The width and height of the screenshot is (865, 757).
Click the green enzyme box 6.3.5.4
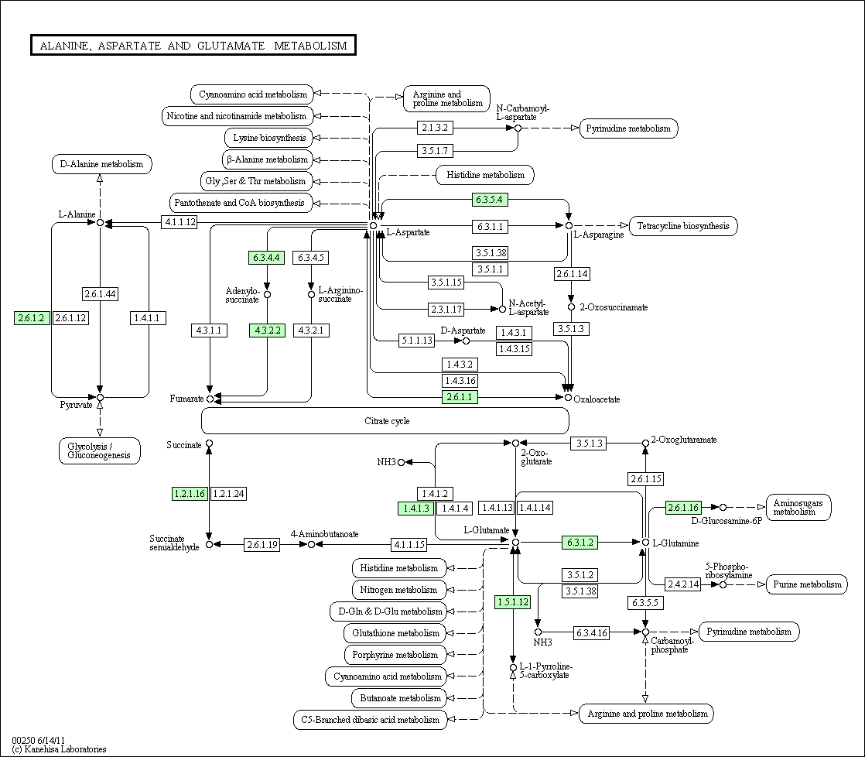(x=490, y=200)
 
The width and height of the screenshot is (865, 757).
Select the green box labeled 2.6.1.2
(x=32, y=318)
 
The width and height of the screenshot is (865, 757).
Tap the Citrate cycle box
(x=385, y=421)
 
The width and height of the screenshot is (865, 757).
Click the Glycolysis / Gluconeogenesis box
(x=100, y=450)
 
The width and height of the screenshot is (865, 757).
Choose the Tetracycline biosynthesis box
(x=683, y=226)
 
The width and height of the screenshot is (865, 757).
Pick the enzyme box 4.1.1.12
(x=179, y=222)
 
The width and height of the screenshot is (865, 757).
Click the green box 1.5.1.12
(x=513, y=602)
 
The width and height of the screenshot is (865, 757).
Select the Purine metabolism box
(x=807, y=584)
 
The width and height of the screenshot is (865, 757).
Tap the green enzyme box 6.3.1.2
(x=580, y=543)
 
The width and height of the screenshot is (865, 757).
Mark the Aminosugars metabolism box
(x=798, y=507)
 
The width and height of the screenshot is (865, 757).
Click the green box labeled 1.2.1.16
(x=190, y=493)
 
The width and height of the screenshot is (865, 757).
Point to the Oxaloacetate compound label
(x=597, y=399)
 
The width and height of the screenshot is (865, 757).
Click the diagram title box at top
(x=193, y=46)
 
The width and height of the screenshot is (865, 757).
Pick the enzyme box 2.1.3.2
(x=435, y=127)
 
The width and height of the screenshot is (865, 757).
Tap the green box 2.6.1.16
(x=683, y=508)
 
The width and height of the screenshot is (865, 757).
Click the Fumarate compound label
(x=187, y=399)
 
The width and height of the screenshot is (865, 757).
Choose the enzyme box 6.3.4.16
(x=592, y=633)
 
